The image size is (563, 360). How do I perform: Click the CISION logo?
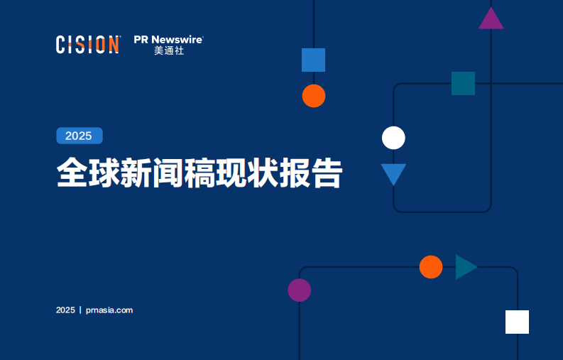pos(87,45)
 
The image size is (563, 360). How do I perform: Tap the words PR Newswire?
pos(168,39)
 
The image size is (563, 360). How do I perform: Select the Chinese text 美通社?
pos(169,52)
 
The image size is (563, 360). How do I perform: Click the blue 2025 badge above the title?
pos(79,136)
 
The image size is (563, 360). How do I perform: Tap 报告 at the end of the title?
pos(312,173)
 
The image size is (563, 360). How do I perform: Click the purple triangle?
pos(491,20)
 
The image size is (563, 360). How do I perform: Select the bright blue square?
pos(313,60)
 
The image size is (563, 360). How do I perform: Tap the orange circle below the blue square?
pos(313,96)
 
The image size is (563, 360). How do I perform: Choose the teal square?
pos(463,83)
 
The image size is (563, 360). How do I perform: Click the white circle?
pos(393,138)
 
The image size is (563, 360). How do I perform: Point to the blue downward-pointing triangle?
pos(393,173)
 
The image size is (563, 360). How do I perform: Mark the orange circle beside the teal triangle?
pos(430,267)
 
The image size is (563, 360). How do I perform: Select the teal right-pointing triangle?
pos(464,267)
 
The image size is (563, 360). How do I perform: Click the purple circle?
pos(299,290)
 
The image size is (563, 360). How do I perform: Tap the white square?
pos(517,322)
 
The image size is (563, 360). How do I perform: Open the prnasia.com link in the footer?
pos(109,310)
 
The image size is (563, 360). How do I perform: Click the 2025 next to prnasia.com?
pos(65,310)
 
